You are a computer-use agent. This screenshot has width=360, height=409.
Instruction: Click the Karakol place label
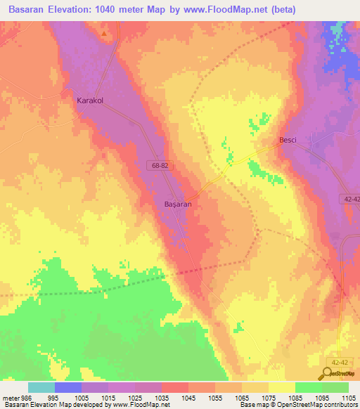pyautogui.click(x=89, y=100)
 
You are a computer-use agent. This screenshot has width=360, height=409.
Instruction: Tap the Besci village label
pyautogui.click(x=288, y=140)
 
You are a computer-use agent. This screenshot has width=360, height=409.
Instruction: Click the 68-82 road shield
pyautogui.click(x=159, y=164)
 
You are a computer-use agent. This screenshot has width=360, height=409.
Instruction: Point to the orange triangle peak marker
pyautogui.click(x=105, y=33)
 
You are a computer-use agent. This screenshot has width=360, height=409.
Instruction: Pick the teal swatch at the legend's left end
pyautogui.click(x=41, y=387)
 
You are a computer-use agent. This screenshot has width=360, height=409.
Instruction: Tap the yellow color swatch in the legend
pyautogui.click(x=281, y=387)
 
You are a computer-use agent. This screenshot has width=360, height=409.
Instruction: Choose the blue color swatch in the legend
pyautogui.click(x=68, y=387)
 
